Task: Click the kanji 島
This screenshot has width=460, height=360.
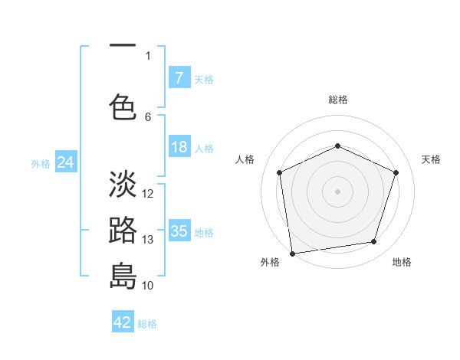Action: (123, 275)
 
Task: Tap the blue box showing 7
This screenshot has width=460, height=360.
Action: (179, 77)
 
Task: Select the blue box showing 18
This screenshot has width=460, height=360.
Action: (179, 147)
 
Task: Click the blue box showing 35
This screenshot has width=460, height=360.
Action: (179, 231)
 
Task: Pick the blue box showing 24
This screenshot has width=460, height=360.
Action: (66, 162)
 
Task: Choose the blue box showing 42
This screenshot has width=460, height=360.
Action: (123, 322)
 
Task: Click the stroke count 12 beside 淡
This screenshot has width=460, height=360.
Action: (149, 194)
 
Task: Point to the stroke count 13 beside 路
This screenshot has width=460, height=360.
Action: (149, 240)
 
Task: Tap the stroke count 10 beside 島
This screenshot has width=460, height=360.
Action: (149, 285)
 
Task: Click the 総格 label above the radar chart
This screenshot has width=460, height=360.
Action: (338, 100)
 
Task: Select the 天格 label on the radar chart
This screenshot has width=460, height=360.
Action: (431, 159)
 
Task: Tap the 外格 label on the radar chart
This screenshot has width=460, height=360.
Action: (270, 262)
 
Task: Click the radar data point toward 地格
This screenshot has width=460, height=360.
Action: (374, 242)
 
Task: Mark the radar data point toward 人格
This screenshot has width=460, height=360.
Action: (280, 172)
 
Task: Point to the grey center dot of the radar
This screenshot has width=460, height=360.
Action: (338, 191)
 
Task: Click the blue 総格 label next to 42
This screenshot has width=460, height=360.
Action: (147, 324)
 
